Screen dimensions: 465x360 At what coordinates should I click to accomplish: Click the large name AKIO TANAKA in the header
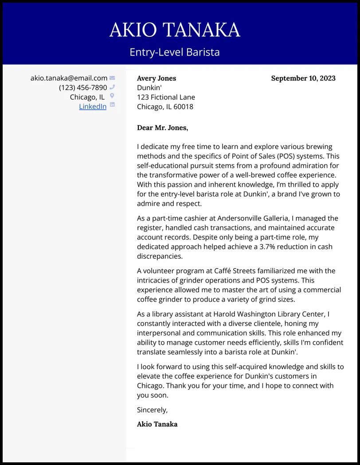point(175,30)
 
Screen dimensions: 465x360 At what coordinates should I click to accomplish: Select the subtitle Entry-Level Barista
point(175,52)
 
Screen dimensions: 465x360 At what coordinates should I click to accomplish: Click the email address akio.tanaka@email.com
point(69,78)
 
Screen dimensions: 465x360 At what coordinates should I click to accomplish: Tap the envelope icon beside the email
point(112,78)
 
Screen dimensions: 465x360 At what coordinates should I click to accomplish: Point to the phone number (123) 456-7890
point(83,88)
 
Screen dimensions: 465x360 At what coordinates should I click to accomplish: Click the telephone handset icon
point(112,87)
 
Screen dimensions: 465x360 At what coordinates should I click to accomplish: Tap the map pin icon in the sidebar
point(112,96)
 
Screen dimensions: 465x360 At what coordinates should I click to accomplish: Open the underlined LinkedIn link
point(93,106)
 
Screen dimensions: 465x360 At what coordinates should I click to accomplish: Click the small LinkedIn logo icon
point(112,105)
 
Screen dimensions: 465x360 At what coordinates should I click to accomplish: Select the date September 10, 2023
point(303,79)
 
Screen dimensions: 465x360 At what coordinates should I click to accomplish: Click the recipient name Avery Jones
point(157,79)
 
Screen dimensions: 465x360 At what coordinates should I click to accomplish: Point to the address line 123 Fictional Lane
point(166,97)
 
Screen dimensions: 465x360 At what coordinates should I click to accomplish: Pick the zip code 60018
point(183,107)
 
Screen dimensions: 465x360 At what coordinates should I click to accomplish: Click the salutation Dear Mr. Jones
point(162,128)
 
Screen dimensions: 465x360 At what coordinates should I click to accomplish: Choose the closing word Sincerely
point(152,410)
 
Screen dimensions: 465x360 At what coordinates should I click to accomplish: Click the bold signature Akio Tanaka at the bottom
point(157,424)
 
